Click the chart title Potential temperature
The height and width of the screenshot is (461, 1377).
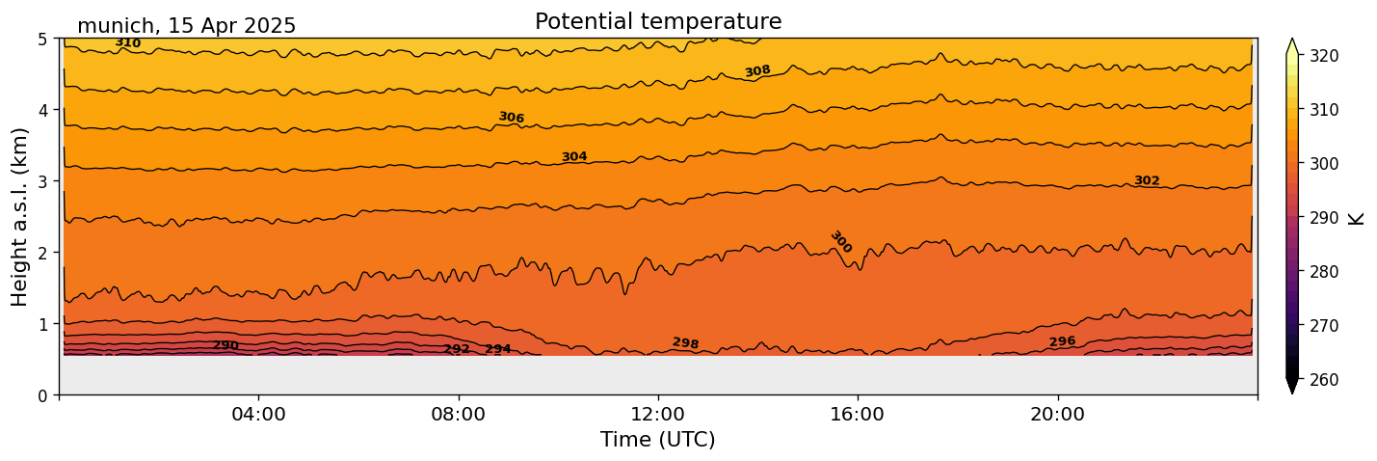click(x=658, y=21)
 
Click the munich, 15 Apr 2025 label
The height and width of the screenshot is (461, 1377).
click(x=186, y=26)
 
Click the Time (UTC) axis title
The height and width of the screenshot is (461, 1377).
click(x=658, y=440)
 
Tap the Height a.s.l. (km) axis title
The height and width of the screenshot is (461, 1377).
click(x=20, y=217)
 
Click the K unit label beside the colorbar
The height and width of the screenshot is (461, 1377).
click(x=1357, y=218)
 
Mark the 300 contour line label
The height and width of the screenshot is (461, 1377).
click(x=840, y=242)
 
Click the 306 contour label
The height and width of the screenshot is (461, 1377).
click(x=512, y=118)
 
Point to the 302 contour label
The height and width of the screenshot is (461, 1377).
click(x=1147, y=181)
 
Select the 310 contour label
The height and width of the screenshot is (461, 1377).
click(x=127, y=43)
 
